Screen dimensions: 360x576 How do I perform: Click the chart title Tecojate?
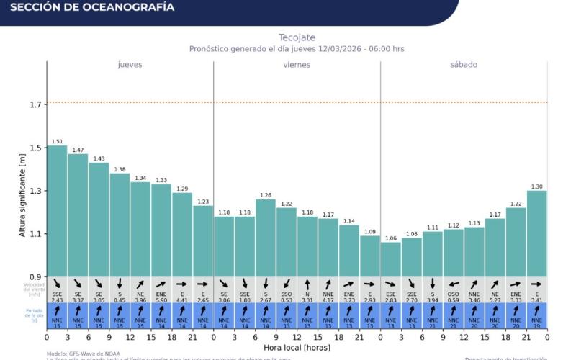[x=297, y=37]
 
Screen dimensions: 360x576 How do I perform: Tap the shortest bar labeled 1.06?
[x=391, y=259]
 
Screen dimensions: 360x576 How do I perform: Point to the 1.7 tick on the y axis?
[x=34, y=104]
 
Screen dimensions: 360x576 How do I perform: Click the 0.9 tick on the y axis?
[x=34, y=276]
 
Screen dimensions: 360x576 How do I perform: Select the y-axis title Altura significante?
[x=22, y=194]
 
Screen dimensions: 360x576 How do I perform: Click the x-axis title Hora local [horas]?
[x=297, y=348]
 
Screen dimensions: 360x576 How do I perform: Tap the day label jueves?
[x=130, y=65]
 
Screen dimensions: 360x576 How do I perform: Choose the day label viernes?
[x=297, y=65]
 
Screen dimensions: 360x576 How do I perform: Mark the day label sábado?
[x=464, y=65]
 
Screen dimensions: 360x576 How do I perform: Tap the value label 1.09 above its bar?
[x=370, y=232]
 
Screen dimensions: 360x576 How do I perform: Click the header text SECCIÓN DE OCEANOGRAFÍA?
[x=92, y=8]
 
